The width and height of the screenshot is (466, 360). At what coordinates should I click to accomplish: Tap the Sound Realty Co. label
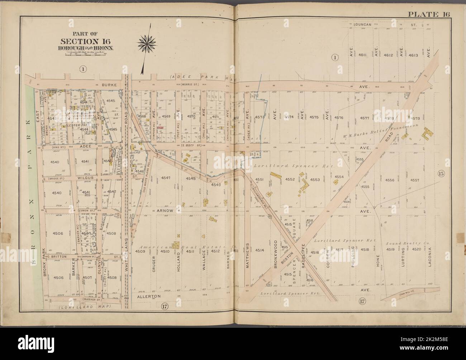point(408,243)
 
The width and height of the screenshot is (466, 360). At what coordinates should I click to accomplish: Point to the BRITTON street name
point(55,257)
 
